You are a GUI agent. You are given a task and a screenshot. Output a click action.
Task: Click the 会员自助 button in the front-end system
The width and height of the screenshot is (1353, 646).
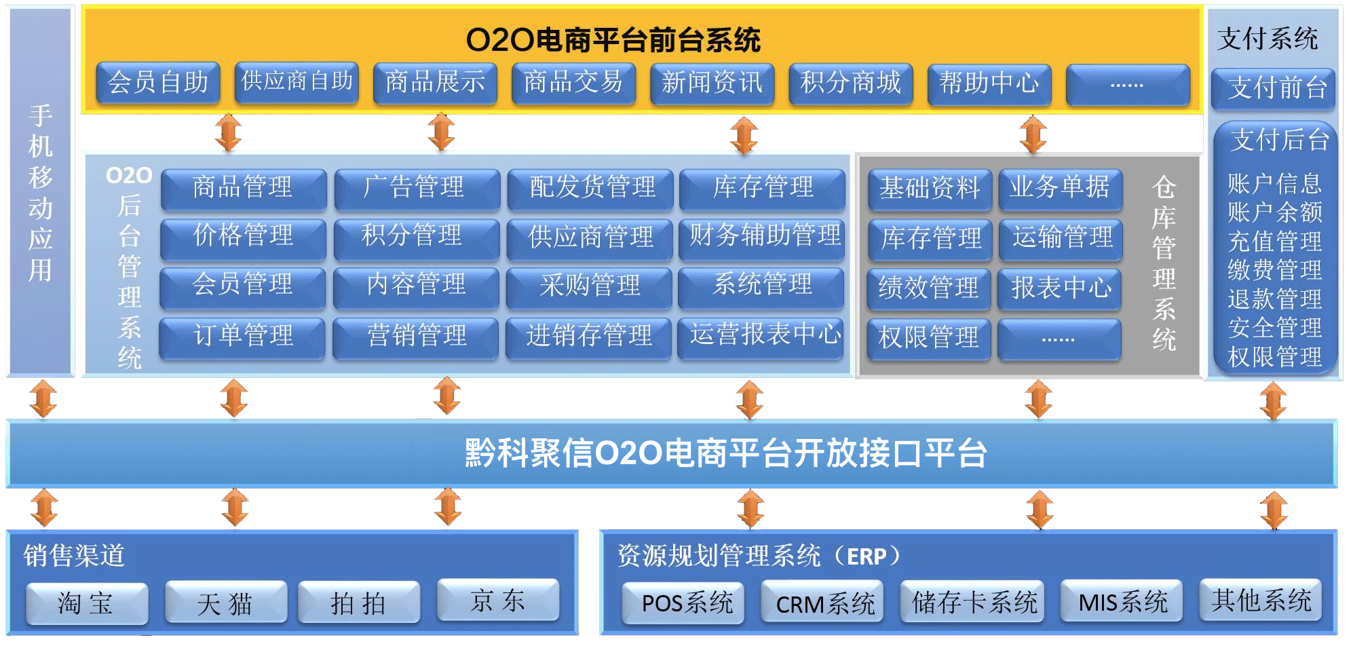158,83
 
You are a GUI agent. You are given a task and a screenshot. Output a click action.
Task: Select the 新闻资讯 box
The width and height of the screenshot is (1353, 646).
712,83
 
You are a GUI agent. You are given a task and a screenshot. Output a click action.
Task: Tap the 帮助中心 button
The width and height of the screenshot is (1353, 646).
989,83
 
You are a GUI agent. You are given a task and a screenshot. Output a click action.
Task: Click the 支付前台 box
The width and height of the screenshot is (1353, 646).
1273,88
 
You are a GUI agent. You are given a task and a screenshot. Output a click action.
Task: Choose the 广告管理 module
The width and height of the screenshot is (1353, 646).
417,187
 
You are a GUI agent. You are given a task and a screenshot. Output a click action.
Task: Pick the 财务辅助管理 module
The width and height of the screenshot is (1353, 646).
762,237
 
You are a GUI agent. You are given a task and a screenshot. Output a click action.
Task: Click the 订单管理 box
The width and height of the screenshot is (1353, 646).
242,336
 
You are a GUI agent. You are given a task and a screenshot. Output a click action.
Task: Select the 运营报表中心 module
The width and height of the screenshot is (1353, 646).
761,335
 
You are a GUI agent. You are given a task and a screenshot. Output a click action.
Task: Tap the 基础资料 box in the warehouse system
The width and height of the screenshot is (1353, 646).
930,188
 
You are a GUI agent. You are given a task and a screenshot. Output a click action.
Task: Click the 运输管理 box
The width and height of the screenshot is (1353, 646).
1061,237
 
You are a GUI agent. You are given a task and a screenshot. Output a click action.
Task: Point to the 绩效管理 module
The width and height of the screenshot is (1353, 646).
929,288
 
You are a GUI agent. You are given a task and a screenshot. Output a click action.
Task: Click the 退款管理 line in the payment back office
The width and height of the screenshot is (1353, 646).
1274,299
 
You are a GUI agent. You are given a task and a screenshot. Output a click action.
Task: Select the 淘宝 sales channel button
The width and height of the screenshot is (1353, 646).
87,603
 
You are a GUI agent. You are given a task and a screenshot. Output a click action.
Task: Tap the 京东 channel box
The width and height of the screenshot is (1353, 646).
498,600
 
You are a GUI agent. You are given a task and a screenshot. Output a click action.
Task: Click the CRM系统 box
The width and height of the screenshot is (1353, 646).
822,602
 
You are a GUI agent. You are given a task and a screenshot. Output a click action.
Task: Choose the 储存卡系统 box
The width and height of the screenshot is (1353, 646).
972,602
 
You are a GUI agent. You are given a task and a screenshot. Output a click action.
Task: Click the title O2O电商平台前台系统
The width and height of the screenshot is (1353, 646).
613,39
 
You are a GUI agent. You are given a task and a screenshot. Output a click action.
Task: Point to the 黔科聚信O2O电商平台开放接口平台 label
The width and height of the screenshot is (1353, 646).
725,453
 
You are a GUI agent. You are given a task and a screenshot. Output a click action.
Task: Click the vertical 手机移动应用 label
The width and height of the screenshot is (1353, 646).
41,193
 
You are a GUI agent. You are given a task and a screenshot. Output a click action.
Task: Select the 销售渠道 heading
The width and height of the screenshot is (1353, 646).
74,555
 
